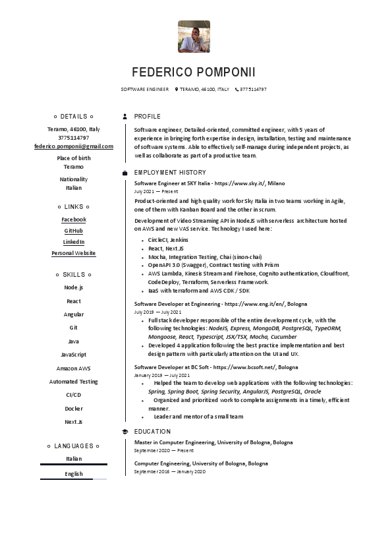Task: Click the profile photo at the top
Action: click(194, 36)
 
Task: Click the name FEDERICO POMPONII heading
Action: click(194, 72)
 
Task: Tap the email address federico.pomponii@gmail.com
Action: click(74, 146)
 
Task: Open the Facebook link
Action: click(74, 219)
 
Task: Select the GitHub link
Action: click(74, 231)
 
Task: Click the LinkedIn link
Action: click(74, 242)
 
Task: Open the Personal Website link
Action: click(74, 253)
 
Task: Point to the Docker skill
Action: click(74, 409)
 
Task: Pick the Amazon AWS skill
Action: click(74, 368)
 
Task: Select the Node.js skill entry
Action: click(74, 287)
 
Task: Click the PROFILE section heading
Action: click(147, 116)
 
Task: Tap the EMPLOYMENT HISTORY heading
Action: click(169, 173)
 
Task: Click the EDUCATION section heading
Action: click(152, 432)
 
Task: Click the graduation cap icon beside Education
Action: click(125, 432)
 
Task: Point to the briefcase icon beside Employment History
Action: click(125, 173)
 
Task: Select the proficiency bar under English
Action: click(74, 479)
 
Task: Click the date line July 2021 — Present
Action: click(156, 191)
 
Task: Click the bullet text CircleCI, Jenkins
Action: click(168, 240)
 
